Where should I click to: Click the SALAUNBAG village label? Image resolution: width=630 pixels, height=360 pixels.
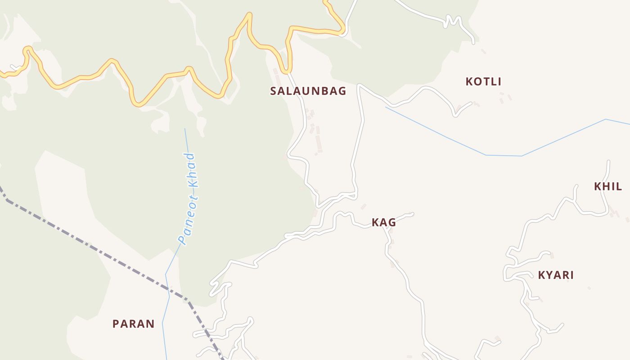[308, 91]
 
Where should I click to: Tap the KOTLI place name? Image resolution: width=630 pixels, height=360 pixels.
[483, 81]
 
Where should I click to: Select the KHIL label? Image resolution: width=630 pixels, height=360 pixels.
[608, 186]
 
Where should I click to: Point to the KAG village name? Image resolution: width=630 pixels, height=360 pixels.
[383, 222]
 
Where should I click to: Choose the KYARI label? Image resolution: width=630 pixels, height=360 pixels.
[556, 275]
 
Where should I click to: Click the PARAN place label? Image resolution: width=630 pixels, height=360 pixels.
[133, 324]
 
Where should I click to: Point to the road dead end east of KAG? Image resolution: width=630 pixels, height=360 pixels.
[412, 214]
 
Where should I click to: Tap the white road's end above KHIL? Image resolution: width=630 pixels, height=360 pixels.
[608, 161]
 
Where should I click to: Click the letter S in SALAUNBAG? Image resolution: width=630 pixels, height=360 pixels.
[273, 91]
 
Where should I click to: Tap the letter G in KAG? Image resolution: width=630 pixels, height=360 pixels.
[391, 222]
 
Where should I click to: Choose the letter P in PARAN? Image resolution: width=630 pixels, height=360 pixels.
[116, 324]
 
